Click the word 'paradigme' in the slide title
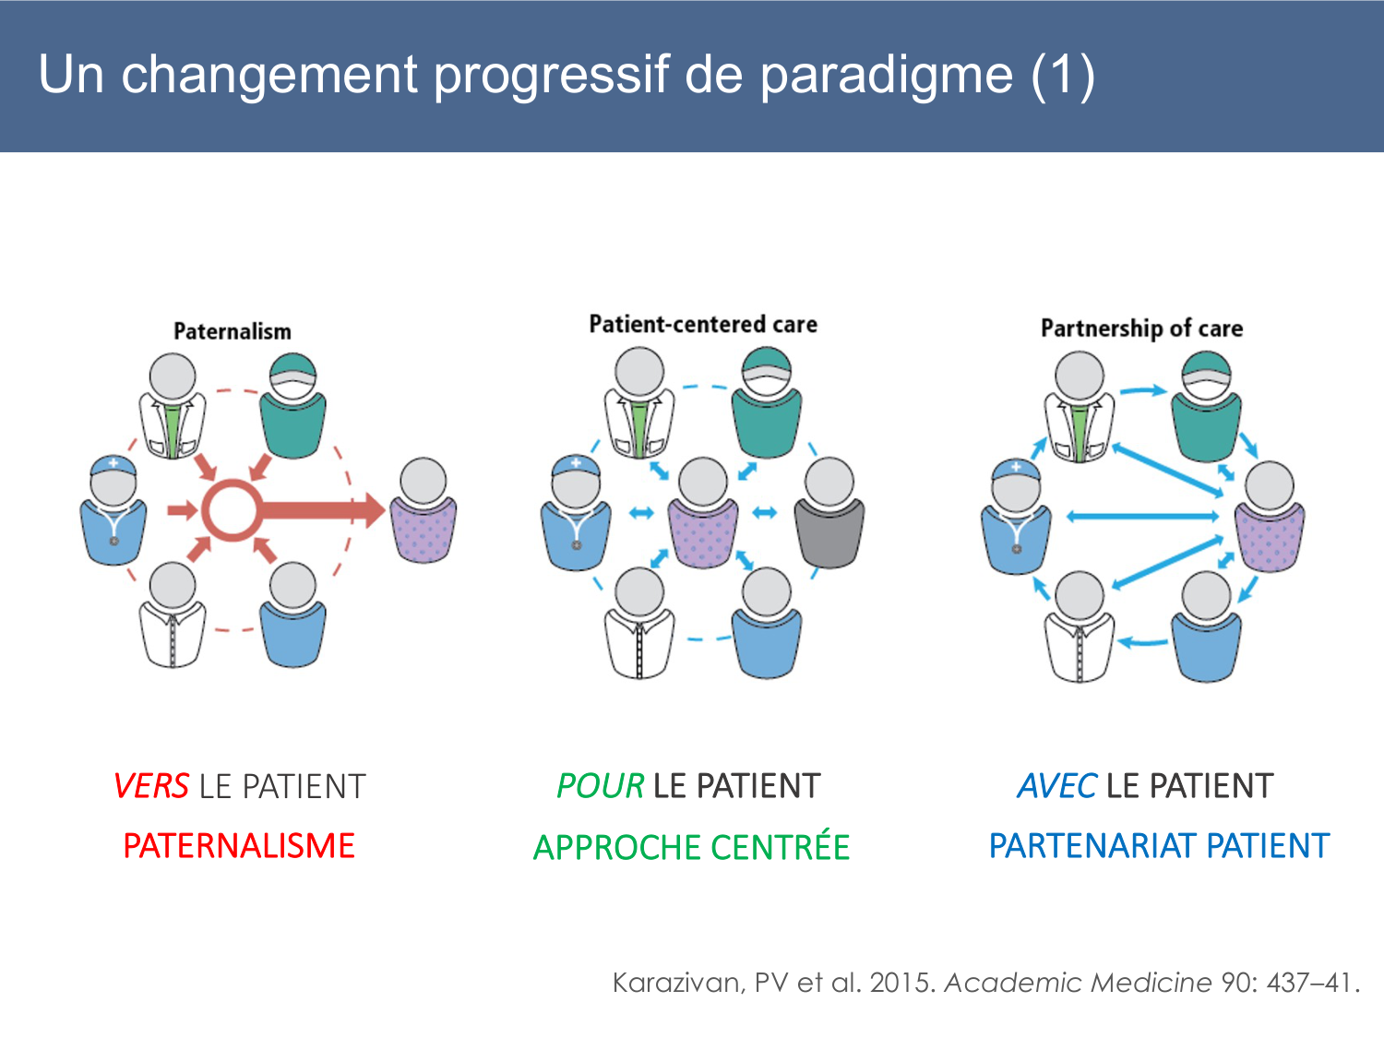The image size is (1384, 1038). pyautogui.click(x=886, y=76)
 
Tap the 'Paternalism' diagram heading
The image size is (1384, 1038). pyautogui.click(x=233, y=331)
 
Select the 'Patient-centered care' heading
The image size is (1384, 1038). pyautogui.click(x=703, y=324)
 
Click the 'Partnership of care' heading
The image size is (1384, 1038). pyautogui.click(x=1141, y=328)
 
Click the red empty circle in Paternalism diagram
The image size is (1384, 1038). pyautogui.click(x=231, y=509)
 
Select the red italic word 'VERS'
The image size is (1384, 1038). pyautogui.click(x=151, y=787)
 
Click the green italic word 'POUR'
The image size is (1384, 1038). pyautogui.click(x=600, y=786)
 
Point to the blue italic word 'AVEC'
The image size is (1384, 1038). pyautogui.click(x=1056, y=786)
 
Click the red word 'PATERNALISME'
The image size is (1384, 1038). pyautogui.click(x=239, y=846)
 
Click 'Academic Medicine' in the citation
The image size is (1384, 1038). pyautogui.click(x=1078, y=983)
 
